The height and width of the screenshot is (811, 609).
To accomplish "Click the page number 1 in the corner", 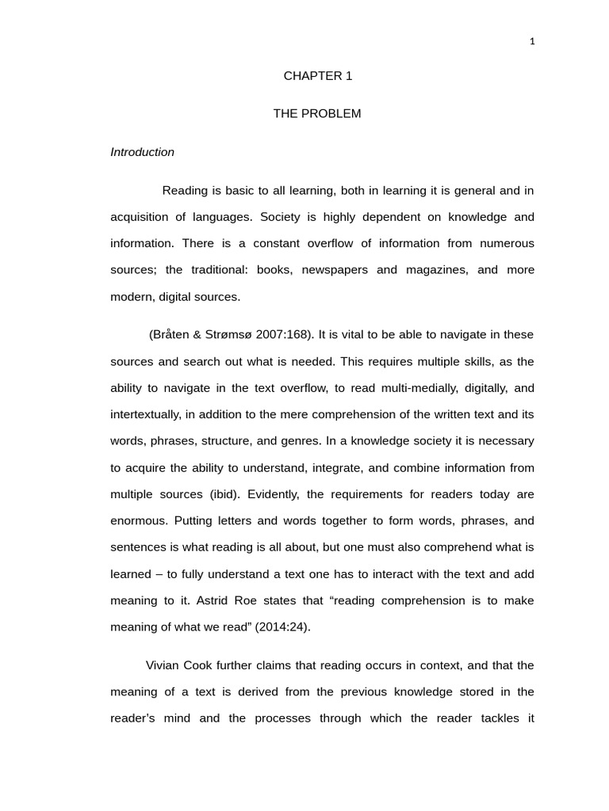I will click(x=532, y=42).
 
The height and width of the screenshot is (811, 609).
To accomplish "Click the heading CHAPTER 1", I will click(x=317, y=76).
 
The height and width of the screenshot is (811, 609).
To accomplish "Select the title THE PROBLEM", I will click(x=317, y=113).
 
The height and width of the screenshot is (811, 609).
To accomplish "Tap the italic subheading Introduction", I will click(x=142, y=152).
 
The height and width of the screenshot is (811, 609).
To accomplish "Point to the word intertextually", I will click(x=146, y=414).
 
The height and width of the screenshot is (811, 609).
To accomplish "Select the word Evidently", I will click(x=274, y=494).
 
